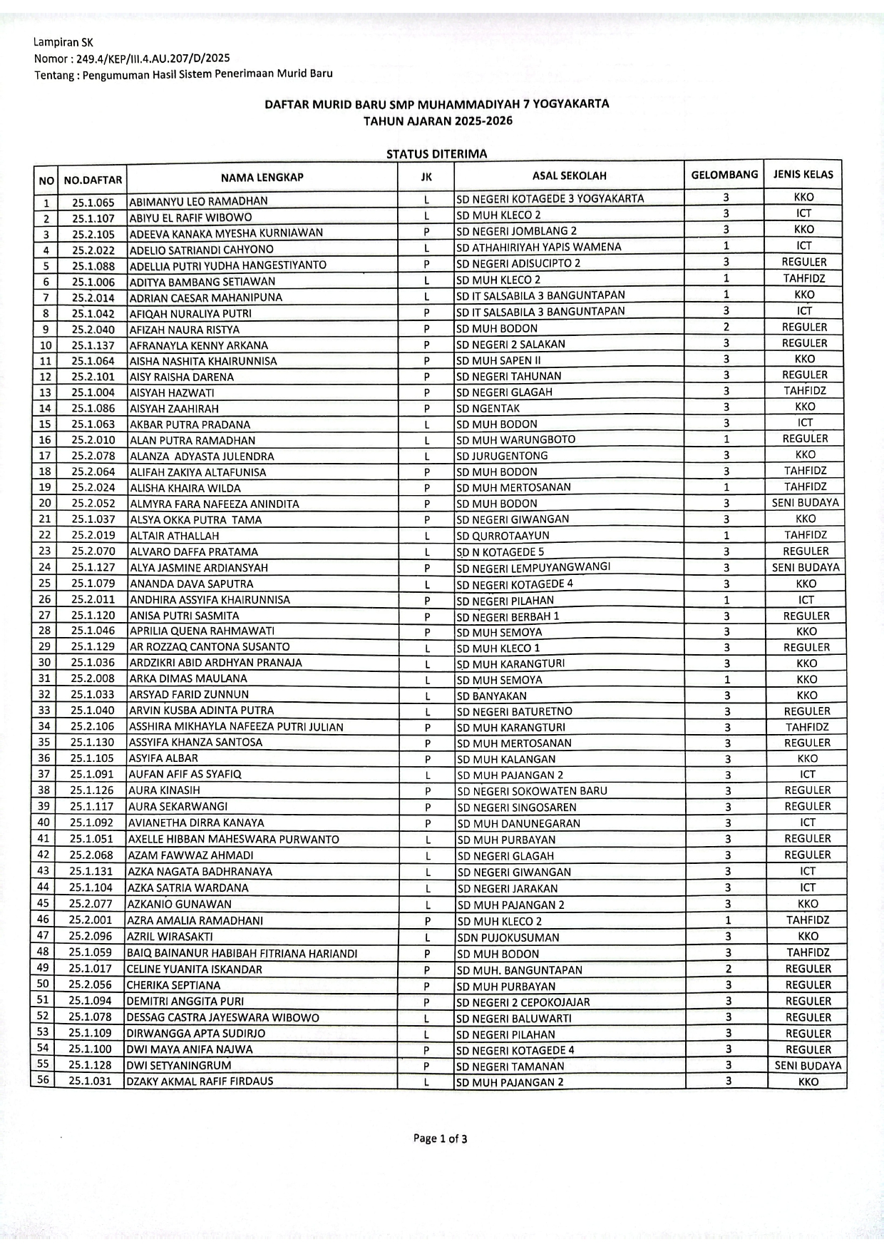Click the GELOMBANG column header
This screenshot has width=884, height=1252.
724,175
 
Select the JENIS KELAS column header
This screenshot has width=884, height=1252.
803,174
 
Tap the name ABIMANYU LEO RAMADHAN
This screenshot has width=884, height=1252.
198,201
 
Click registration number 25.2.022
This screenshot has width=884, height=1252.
93,250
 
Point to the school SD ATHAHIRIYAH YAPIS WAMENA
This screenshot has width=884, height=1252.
538,247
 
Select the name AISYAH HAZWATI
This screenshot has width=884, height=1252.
172,392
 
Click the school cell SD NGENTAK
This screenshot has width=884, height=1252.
488,408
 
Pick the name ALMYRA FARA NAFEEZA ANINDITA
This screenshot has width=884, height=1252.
215,504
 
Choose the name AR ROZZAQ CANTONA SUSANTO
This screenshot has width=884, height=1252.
210,647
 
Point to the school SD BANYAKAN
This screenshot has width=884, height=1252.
492,696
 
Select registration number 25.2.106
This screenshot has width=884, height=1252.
92,726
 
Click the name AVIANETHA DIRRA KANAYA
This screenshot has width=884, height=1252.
196,823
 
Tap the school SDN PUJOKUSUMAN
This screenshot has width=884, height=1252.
508,937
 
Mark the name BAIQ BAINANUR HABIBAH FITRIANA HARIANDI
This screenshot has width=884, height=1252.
242,953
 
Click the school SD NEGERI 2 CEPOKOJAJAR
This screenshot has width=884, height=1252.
523,1002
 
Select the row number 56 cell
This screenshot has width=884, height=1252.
43,1080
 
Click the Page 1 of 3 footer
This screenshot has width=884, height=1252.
440,1138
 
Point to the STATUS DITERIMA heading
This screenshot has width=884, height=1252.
436,153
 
